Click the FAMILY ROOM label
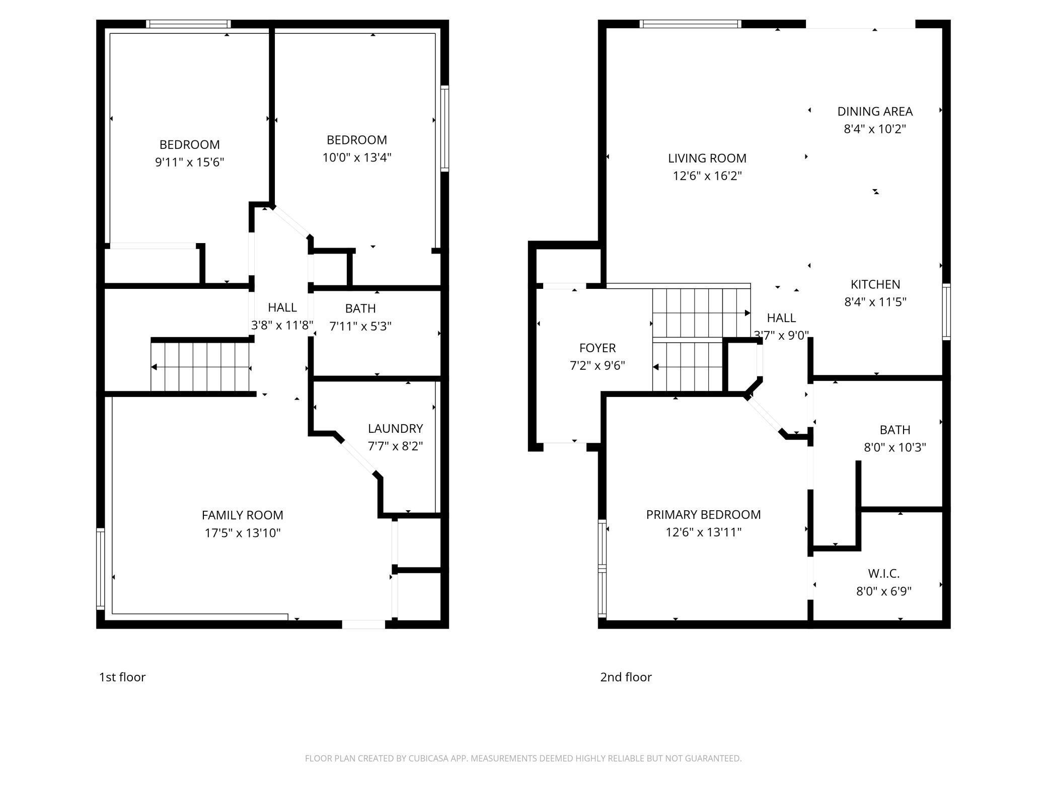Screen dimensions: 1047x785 [x=243, y=515]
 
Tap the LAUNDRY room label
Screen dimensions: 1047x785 [x=395, y=429]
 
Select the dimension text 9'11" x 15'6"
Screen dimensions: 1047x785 [x=190, y=162]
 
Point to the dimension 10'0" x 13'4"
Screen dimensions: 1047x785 [x=357, y=158]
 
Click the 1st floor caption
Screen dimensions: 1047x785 [x=122, y=677]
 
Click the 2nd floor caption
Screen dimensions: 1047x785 [x=626, y=677]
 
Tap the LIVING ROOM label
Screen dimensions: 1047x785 [x=707, y=159]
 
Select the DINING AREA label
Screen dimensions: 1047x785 [x=875, y=111]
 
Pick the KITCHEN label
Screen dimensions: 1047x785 [x=875, y=284]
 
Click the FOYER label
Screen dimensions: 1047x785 [x=597, y=348]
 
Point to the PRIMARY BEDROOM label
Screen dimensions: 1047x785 [x=704, y=514]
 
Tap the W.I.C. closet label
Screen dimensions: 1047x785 [x=884, y=573]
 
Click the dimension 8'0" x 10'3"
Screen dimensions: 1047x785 [x=895, y=447]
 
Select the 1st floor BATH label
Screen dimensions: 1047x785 [x=360, y=308]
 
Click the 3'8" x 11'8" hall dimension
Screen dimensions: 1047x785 [x=282, y=325]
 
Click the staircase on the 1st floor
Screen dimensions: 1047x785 [x=200, y=367]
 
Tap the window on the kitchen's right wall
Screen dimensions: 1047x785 [x=946, y=312]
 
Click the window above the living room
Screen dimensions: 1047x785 [x=691, y=24]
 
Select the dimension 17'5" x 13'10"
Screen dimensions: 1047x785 [x=243, y=533]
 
